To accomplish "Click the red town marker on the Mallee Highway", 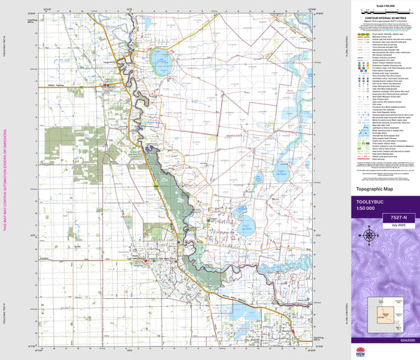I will pos(106,85).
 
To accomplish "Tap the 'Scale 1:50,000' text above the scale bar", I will pos(381,6).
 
